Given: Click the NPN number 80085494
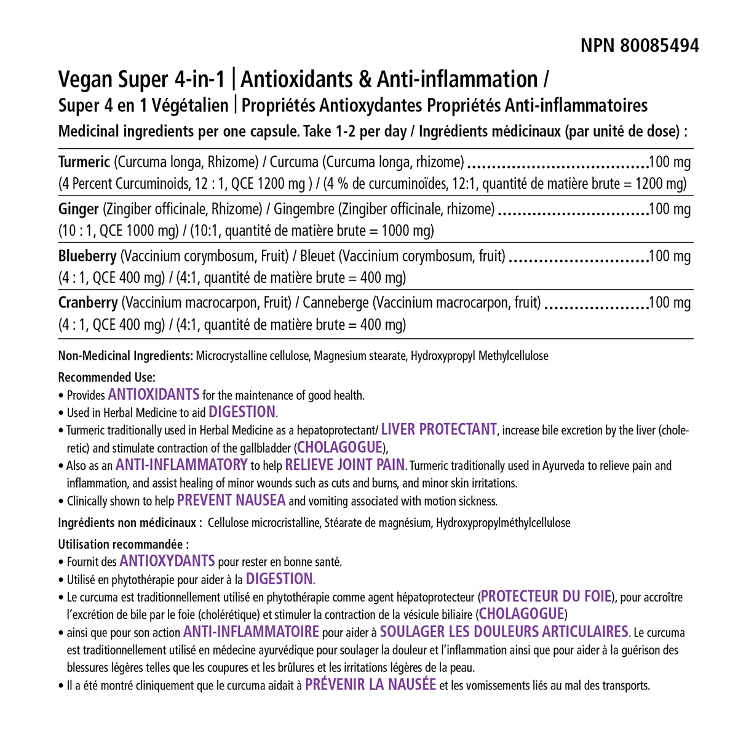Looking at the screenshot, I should tap(660, 46).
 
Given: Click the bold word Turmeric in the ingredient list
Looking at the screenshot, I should tap(84, 162).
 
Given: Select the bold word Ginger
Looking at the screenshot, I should tap(78, 209).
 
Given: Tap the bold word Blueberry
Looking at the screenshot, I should tap(87, 256).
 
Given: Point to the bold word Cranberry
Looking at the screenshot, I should tap(88, 303).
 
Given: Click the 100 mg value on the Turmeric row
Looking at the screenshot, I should tap(670, 162).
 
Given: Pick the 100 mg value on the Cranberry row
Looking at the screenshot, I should tap(670, 303).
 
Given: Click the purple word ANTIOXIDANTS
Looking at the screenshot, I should tap(154, 394).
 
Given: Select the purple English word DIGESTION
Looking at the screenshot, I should tap(242, 411).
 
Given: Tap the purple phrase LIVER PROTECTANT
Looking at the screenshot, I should tap(438, 429).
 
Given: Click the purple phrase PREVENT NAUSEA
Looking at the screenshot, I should tap(231, 500).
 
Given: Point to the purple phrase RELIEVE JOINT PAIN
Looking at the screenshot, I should tap(345, 464).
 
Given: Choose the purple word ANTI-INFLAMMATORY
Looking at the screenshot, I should tap(181, 464).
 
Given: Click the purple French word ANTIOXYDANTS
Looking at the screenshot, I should tap(167, 560).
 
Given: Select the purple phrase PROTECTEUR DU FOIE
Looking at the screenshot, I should tap(546, 596).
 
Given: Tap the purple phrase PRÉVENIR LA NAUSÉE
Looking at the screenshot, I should tap(371, 684).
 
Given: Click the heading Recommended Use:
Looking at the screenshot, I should tap(106, 377).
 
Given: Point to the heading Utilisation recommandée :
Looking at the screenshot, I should tap(123, 544).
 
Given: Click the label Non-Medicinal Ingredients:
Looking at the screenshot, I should tap(125, 355).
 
